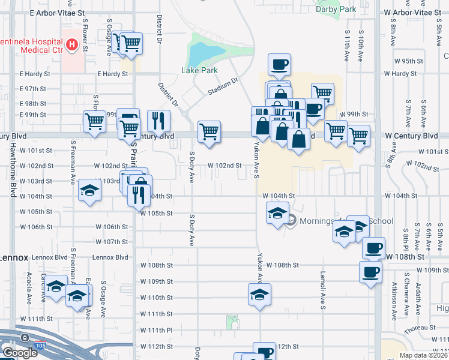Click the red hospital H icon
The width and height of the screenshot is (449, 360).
pyautogui.click(x=72, y=44)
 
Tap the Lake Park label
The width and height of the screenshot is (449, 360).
pyautogui.click(x=199, y=70)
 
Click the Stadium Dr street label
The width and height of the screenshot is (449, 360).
pyautogui.click(x=223, y=85)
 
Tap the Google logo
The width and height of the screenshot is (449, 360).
pyautogui.click(x=19, y=353)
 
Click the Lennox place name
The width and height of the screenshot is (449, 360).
pyautogui.click(x=14, y=257)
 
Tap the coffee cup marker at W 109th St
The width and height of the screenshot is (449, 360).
pyautogui.click(x=370, y=271)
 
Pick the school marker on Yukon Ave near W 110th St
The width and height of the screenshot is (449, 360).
pyautogui.click(x=259, y=294)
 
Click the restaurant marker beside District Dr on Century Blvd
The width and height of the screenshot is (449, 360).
pyautogui.click(x=158, y=120)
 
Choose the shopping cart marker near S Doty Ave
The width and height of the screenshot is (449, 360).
pyautogui.click(x=208, y=131)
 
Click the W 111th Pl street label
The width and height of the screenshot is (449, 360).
pyautogui.click(x=157, y=331)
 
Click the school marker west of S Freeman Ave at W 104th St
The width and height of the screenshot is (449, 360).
pyautogui.click(x=89, y=191)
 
